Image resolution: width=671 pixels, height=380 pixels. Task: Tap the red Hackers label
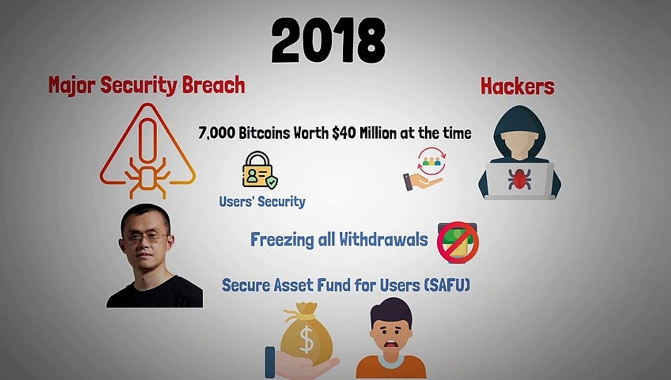point(517,87)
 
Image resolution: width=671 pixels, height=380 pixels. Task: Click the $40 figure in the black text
point(343,133)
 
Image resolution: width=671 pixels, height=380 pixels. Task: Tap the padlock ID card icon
point(259,170)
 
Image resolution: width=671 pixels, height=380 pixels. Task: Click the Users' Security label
point(262,201)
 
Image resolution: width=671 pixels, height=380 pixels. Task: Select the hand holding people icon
point(425,169)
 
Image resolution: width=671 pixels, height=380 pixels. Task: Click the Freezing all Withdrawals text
point(339,240)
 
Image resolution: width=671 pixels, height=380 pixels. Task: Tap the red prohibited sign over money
point(457,242)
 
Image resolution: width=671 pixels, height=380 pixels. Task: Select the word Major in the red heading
point(72,85)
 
